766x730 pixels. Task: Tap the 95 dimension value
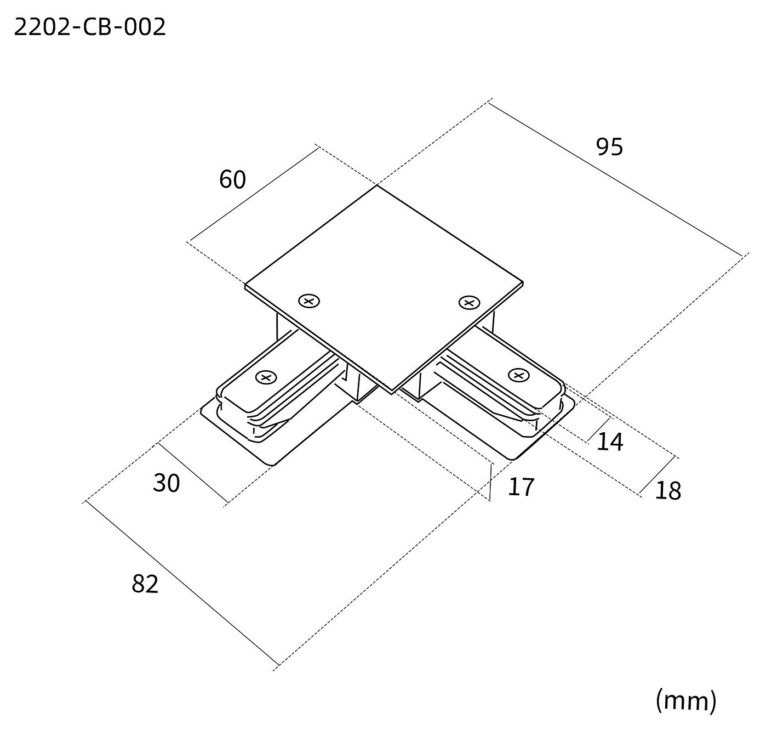tap(609, 147)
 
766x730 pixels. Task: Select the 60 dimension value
tap(233, 179)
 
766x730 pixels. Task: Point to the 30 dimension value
tap(167, 483)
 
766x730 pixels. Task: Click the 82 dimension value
tap(145, 584)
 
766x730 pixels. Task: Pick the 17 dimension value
tap(521, 488)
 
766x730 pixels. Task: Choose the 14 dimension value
tap(610, 442)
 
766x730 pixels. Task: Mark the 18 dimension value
tap(668, 491)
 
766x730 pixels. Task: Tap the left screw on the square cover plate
tap(309, 301)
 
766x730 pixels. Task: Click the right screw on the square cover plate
tap(469, 302)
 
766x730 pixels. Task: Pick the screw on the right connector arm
tap(519, 375)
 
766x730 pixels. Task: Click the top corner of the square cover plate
tap(377, 186)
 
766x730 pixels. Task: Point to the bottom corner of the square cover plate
tap(392, 392)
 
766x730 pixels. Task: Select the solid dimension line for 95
tap(616, 179)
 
